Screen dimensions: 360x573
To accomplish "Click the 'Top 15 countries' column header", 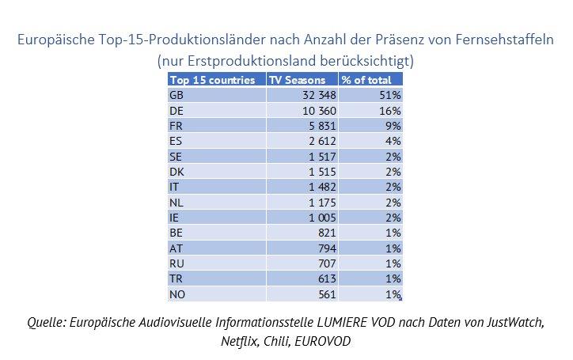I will click(x=212, y=80).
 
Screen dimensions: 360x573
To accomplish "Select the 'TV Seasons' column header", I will click(x=297, y=80).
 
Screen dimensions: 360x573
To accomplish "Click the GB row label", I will click(x=176, y=95).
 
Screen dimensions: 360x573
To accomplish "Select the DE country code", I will click(x=176, y=110).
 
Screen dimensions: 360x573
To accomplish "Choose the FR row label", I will click(x=176, y=125).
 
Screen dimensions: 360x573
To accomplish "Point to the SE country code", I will click(x=176, y=156).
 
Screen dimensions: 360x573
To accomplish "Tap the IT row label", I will click(x=174, y=186).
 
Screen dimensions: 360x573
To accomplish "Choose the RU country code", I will click(x=176, y=263).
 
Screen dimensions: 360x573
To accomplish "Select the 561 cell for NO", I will click(x=324, y=294).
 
